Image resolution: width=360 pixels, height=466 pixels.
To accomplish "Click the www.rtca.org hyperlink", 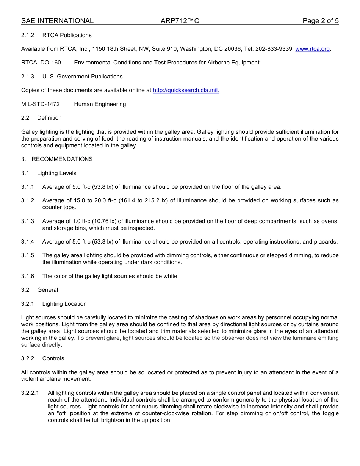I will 312,49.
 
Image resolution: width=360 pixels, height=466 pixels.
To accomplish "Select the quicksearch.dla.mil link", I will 186,90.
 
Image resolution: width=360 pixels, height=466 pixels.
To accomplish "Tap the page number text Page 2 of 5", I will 320,21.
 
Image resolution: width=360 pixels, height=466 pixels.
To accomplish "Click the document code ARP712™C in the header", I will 180,21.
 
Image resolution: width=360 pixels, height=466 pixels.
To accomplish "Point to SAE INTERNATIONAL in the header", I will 57,21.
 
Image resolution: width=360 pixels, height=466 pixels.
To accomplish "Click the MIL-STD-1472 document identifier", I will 41,104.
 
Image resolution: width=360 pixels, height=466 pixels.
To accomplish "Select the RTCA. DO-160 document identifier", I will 41,63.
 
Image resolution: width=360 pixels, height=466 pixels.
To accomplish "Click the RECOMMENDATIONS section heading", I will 62,159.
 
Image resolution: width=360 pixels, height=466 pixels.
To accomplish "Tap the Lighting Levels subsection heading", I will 56,173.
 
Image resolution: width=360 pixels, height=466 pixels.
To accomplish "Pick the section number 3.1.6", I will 28,276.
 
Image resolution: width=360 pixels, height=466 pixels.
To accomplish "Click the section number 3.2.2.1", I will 30,393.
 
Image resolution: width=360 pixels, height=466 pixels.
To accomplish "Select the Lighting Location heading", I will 64,304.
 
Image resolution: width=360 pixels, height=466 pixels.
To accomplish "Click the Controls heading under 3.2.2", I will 53,358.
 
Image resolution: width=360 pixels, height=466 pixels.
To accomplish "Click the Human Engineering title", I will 100,104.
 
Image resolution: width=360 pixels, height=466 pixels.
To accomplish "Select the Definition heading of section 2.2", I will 49,118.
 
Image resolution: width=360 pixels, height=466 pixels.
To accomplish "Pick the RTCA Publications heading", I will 67,35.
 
